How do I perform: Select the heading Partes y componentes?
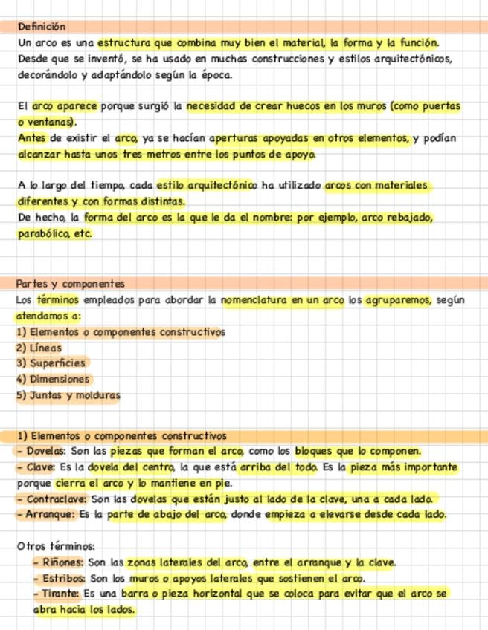click(71, 284)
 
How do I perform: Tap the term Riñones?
click(62, 562)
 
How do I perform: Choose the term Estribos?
click(64, 578)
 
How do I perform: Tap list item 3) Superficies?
click(51, 363)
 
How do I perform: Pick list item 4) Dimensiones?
click(53, 379)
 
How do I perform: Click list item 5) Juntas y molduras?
click(68, 395)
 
